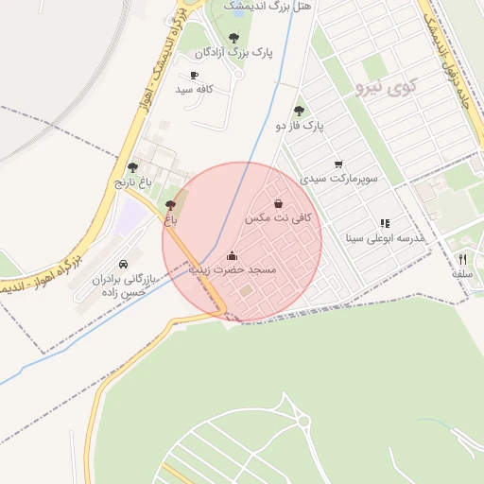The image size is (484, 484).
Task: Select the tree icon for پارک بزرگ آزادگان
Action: click(x=233, y=39)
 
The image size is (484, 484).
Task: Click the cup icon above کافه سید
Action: click(x=195, y=75)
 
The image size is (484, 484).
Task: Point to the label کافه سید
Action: click(x=195, y=89)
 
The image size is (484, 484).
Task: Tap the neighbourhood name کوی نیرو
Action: click(x=385, y=89)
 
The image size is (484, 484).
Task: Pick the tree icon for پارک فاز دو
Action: click(x=300, y=111)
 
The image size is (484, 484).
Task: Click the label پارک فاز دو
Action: click(x=300, y=125)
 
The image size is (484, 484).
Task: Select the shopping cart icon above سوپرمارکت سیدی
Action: click(x=338, y=164)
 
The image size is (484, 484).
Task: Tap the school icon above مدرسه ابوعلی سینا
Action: click(x=385, y=224)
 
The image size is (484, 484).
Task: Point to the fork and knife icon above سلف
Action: click(x=462, y=259)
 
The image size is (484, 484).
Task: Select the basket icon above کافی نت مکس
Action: click(x=278, y=203)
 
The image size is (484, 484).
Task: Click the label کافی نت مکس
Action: click(x=278, y=217)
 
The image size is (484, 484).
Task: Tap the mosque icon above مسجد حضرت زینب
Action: click(x=233, y=255)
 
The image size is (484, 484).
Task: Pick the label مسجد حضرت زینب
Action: click(x=233, y=269)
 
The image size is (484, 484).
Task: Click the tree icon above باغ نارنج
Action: click(x=132, y=167)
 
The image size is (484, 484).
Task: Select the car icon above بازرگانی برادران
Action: click(x=124, y=264)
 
